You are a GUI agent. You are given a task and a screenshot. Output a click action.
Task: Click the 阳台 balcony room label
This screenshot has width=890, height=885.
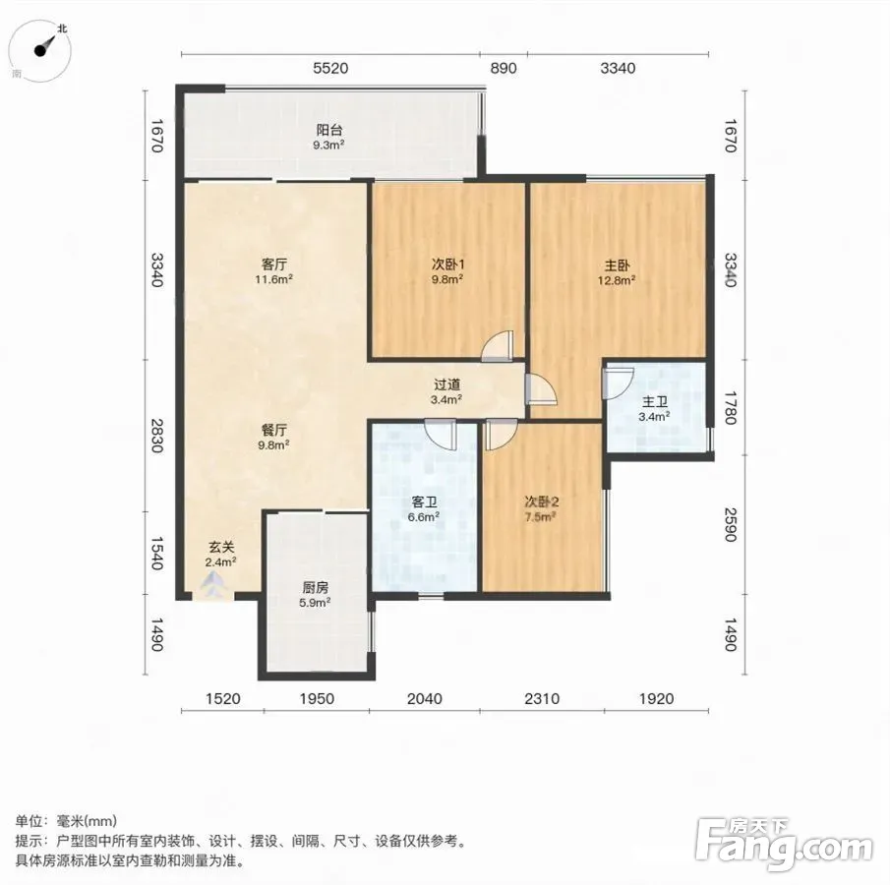(x=329, y=131)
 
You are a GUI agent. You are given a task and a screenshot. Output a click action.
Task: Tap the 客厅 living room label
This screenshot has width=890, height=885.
(x=274, y=265)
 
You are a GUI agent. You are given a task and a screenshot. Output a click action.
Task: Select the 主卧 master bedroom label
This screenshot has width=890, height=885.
(x=617, y=265)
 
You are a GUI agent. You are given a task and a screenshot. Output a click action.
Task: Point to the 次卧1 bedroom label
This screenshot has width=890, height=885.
(x=448, y=265)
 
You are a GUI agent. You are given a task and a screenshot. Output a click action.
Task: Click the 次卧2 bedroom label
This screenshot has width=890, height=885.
(x=542, y=501)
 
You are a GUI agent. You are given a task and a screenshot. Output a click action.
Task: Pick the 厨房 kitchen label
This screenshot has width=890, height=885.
(x=315, y=587)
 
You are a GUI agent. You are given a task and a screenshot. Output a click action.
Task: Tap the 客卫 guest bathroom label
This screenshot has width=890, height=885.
(x=424, y=502)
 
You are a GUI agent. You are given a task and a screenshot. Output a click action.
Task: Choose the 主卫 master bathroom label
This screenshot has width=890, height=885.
(x=654, y=402)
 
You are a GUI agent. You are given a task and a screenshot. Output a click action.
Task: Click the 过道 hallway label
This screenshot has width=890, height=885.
(x=446, y=384)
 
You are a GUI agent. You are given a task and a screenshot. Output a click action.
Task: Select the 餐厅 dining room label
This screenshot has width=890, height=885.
(x=274, y=431)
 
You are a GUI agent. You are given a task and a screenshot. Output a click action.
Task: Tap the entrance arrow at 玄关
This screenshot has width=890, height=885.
(x=213, y=583)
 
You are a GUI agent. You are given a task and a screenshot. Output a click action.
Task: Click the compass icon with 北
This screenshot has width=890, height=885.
(x=41, y=50)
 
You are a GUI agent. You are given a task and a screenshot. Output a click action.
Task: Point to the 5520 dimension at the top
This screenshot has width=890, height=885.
(x=330, y=68)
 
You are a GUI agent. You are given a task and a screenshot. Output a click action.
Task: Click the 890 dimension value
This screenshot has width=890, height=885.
(x=504, y=68)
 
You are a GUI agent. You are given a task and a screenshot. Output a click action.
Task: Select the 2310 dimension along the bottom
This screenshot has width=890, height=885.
(x=542, y=698)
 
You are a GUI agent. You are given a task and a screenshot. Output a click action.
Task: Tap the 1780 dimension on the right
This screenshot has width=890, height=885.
(x=731, y=407)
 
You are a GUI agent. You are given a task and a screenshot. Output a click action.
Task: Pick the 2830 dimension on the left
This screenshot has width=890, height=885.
(x=156, y=436)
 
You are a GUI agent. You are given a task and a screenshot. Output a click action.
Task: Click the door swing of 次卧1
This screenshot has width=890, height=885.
(x=498, y=346)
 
